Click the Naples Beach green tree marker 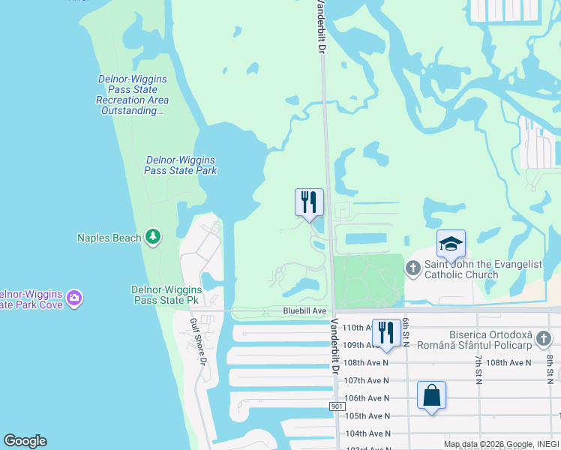pos(153,238)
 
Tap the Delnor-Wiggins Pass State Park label pos(180,165)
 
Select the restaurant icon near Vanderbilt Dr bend pos(308,202)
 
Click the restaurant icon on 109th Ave pos(385,333)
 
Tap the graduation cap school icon pos(451,244)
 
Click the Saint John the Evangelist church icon pos(413,268)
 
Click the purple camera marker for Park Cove pos(74,298)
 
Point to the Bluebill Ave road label pos(304,310)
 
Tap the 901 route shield pos(336,406)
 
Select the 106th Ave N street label pos(367,398)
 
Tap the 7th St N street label pos(478,368)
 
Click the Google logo pos(25,441)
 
